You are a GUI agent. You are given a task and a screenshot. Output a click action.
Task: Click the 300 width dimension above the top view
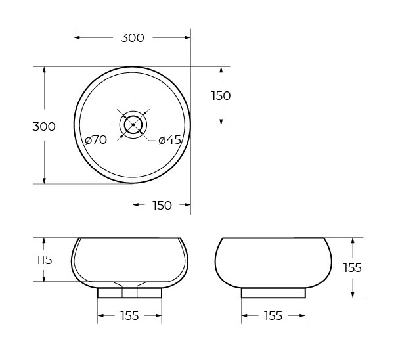(132, 38)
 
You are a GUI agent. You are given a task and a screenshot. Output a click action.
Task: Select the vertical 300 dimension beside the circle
(44, 127)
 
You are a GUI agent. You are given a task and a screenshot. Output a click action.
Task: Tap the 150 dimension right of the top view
(221, 95)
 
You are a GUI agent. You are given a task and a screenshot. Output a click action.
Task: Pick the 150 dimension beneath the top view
(162, 206)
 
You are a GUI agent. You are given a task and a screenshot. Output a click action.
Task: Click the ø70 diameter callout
(96, 140)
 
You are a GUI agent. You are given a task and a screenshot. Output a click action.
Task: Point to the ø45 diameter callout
(170, 140)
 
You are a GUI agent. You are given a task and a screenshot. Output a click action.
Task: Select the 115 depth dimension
(44, 259)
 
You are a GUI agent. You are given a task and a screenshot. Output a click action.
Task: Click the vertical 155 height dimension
(353, 267)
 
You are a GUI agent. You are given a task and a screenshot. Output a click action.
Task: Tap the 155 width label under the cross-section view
(130, 316)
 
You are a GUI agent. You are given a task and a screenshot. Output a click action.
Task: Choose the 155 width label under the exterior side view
(273, 316)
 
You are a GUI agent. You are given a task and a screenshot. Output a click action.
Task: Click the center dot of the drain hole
(133, 124)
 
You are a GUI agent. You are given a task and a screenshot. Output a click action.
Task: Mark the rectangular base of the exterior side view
(273, 293)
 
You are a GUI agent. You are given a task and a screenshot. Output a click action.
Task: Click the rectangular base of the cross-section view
(130, 293)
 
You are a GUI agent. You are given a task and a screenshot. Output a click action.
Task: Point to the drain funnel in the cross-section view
(130, 285)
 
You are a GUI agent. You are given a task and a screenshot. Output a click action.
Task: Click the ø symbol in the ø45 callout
(162, 140)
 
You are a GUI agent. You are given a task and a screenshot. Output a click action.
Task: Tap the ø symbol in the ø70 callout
(88, 140)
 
